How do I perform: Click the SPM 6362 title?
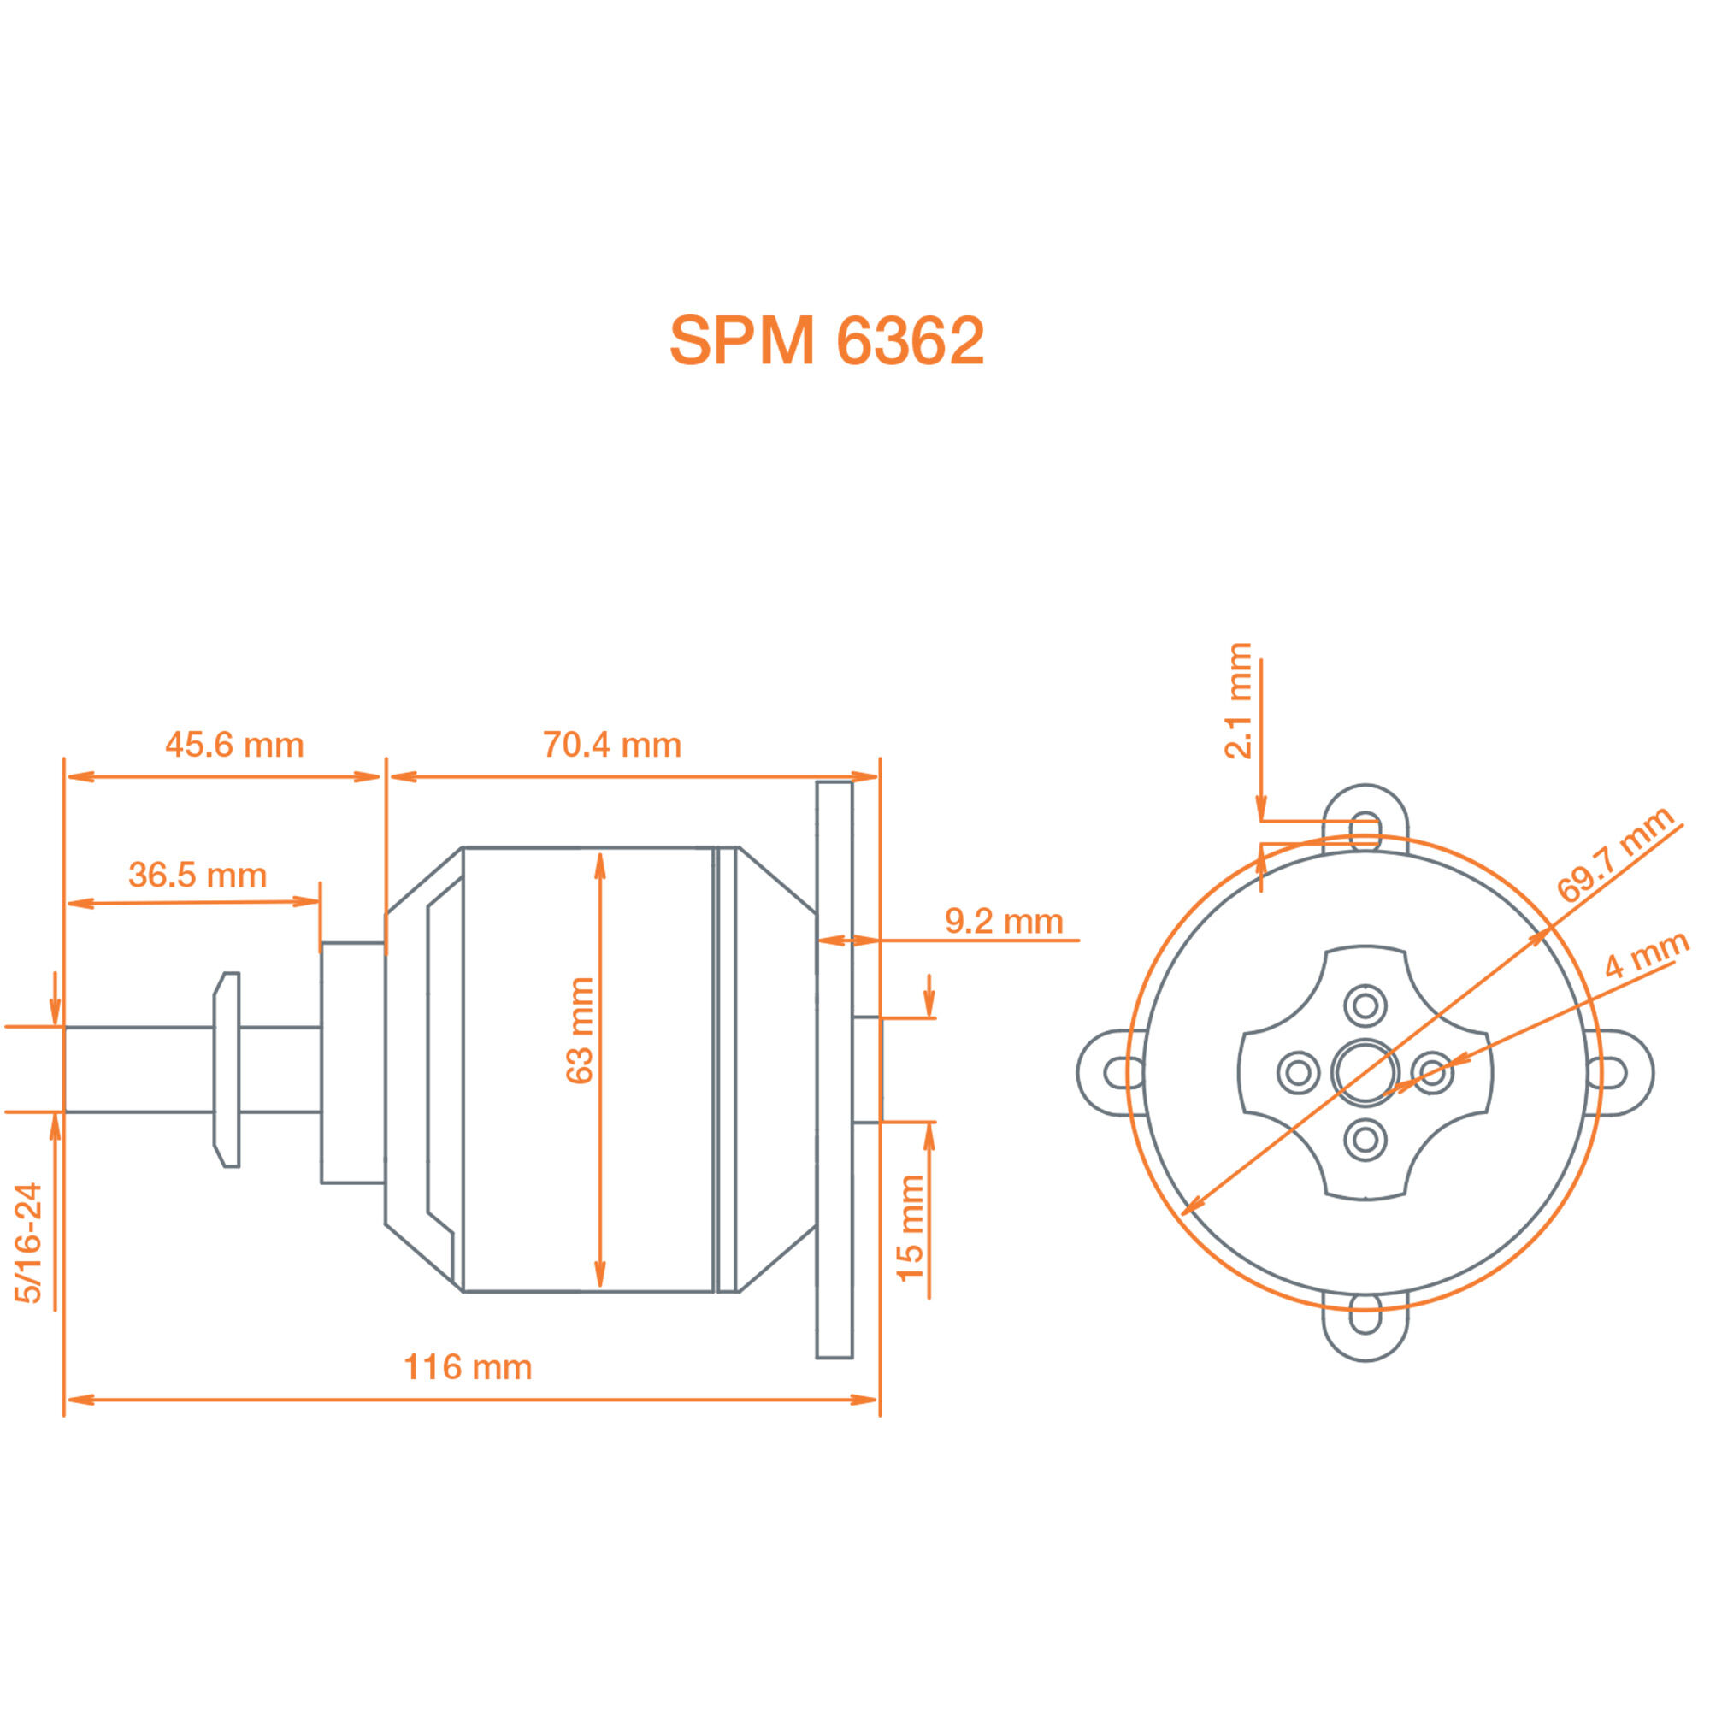point(826,341)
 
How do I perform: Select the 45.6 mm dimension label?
point(234,746)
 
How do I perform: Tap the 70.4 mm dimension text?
point(611,746)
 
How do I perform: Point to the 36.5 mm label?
point(198,876)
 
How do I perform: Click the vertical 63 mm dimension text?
point(580,1030)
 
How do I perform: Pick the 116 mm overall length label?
point(468,1367)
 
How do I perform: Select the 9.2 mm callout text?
point(1003,922)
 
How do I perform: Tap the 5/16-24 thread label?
point(28,1242)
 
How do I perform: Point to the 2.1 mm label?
point(1238,701)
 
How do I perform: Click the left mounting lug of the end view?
point(1106,1073)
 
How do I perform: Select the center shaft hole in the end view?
point(1365,1073)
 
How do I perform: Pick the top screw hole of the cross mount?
point(1365,1005)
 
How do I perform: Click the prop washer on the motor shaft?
point(227,1070)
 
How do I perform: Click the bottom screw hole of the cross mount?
point(1365,1139)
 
